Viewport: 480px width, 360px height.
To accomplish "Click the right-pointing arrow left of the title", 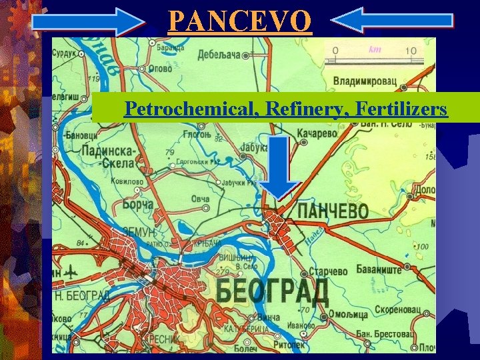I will tap(89, 21).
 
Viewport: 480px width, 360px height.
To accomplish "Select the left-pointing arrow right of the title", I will tap(391, 21).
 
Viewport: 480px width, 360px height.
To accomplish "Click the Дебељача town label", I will tap(219, 55).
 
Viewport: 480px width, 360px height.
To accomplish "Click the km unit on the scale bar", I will tap(375, 49).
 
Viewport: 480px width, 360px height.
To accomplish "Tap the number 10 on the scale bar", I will tap(410, 51).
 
